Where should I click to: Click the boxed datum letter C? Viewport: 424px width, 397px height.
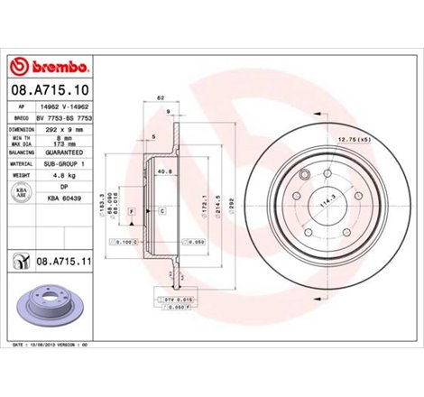(161, 210)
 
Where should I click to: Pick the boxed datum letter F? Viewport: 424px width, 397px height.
(131, 210)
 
